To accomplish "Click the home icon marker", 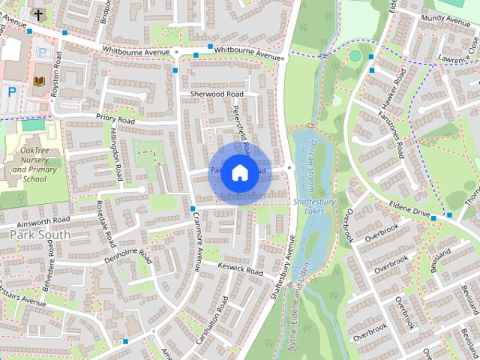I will (239, 173).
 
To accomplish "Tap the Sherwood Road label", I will (217, 94).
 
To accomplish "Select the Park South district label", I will (40, 235).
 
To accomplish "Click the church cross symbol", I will (37, 13).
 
